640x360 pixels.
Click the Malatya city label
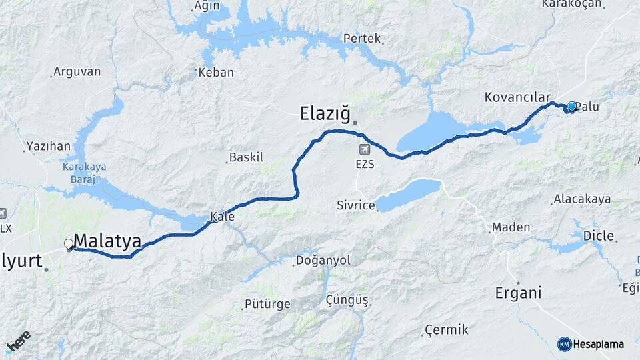[107, 241]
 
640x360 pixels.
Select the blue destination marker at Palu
[571, 106]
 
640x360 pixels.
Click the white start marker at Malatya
[68, 244]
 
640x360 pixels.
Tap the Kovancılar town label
[517, 97]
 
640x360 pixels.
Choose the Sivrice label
[355, 205]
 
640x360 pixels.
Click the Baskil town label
[246, 158]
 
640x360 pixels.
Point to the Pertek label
[361, 39]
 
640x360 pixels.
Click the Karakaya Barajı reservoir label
[85, 173]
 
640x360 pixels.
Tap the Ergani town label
[517, 293]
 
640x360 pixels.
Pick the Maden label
[510, 227]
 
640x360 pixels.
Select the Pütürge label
[269, 304]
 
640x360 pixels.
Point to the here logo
[18, 341]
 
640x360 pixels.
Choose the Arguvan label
[77, 71]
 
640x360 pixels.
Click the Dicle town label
[598, 235]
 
